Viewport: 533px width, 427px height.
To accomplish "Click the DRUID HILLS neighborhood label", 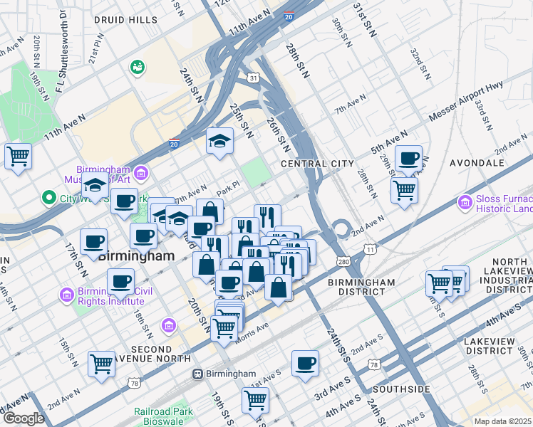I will point(128,20).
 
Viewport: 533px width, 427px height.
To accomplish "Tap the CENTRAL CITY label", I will point(317,164).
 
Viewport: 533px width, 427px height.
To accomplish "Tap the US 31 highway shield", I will point(253,76).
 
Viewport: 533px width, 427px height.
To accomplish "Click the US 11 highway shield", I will point(369,248).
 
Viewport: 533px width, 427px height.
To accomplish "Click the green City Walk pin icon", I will point(48,197).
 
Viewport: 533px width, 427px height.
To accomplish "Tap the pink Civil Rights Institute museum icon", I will point(67,294).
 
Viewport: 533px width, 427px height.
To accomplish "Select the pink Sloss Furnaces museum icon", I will point(466,204).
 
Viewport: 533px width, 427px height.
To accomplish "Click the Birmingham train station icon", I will point(198,374).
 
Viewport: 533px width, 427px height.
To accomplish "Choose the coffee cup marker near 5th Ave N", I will point(408,159).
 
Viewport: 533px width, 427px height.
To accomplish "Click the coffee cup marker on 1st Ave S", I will point(306,363).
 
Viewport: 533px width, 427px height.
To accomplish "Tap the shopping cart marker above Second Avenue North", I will point(101,363).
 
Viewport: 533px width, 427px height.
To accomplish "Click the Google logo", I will point(24,418).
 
